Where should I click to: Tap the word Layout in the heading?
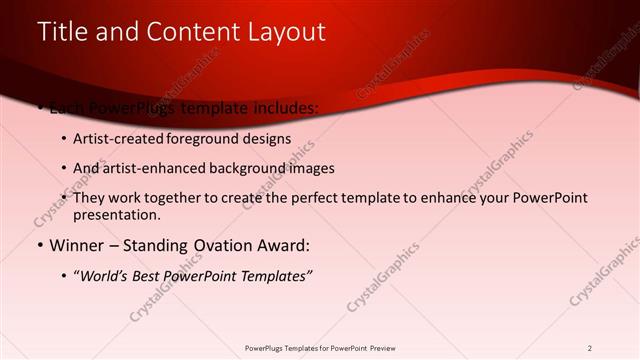[281, 32]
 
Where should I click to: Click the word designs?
[267, 139]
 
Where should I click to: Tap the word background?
[248, 168]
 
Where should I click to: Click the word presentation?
[116, 215]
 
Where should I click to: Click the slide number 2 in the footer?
[589, 348]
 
